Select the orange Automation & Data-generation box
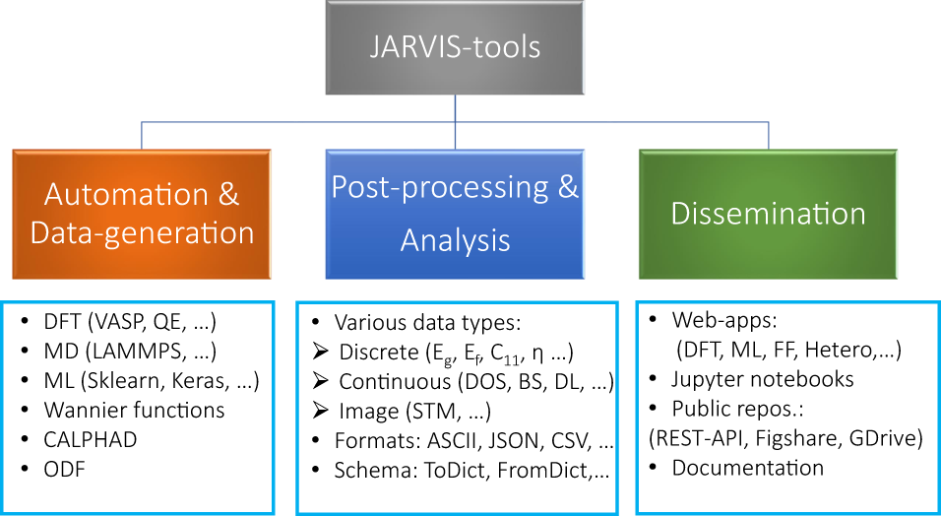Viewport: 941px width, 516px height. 142,213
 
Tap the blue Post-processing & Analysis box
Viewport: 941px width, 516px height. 454,213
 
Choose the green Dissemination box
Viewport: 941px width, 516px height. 768,213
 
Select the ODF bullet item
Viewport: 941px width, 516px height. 65,470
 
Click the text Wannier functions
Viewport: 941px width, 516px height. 135,410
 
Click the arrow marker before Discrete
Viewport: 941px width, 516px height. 319,353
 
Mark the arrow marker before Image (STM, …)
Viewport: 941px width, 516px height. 319,412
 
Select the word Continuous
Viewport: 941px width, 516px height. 390,382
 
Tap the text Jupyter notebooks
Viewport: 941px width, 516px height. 763,379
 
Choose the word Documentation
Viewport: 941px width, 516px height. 748,468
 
